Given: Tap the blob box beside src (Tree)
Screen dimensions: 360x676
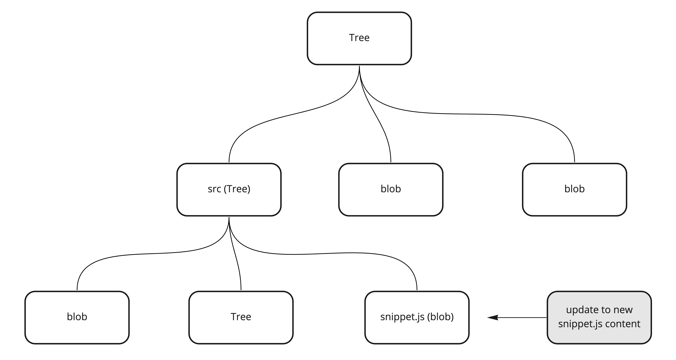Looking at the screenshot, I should (391, 189).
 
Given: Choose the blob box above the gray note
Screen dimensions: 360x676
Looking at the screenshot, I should (574, 189).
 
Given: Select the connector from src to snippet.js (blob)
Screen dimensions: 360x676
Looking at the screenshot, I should (341, 253).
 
